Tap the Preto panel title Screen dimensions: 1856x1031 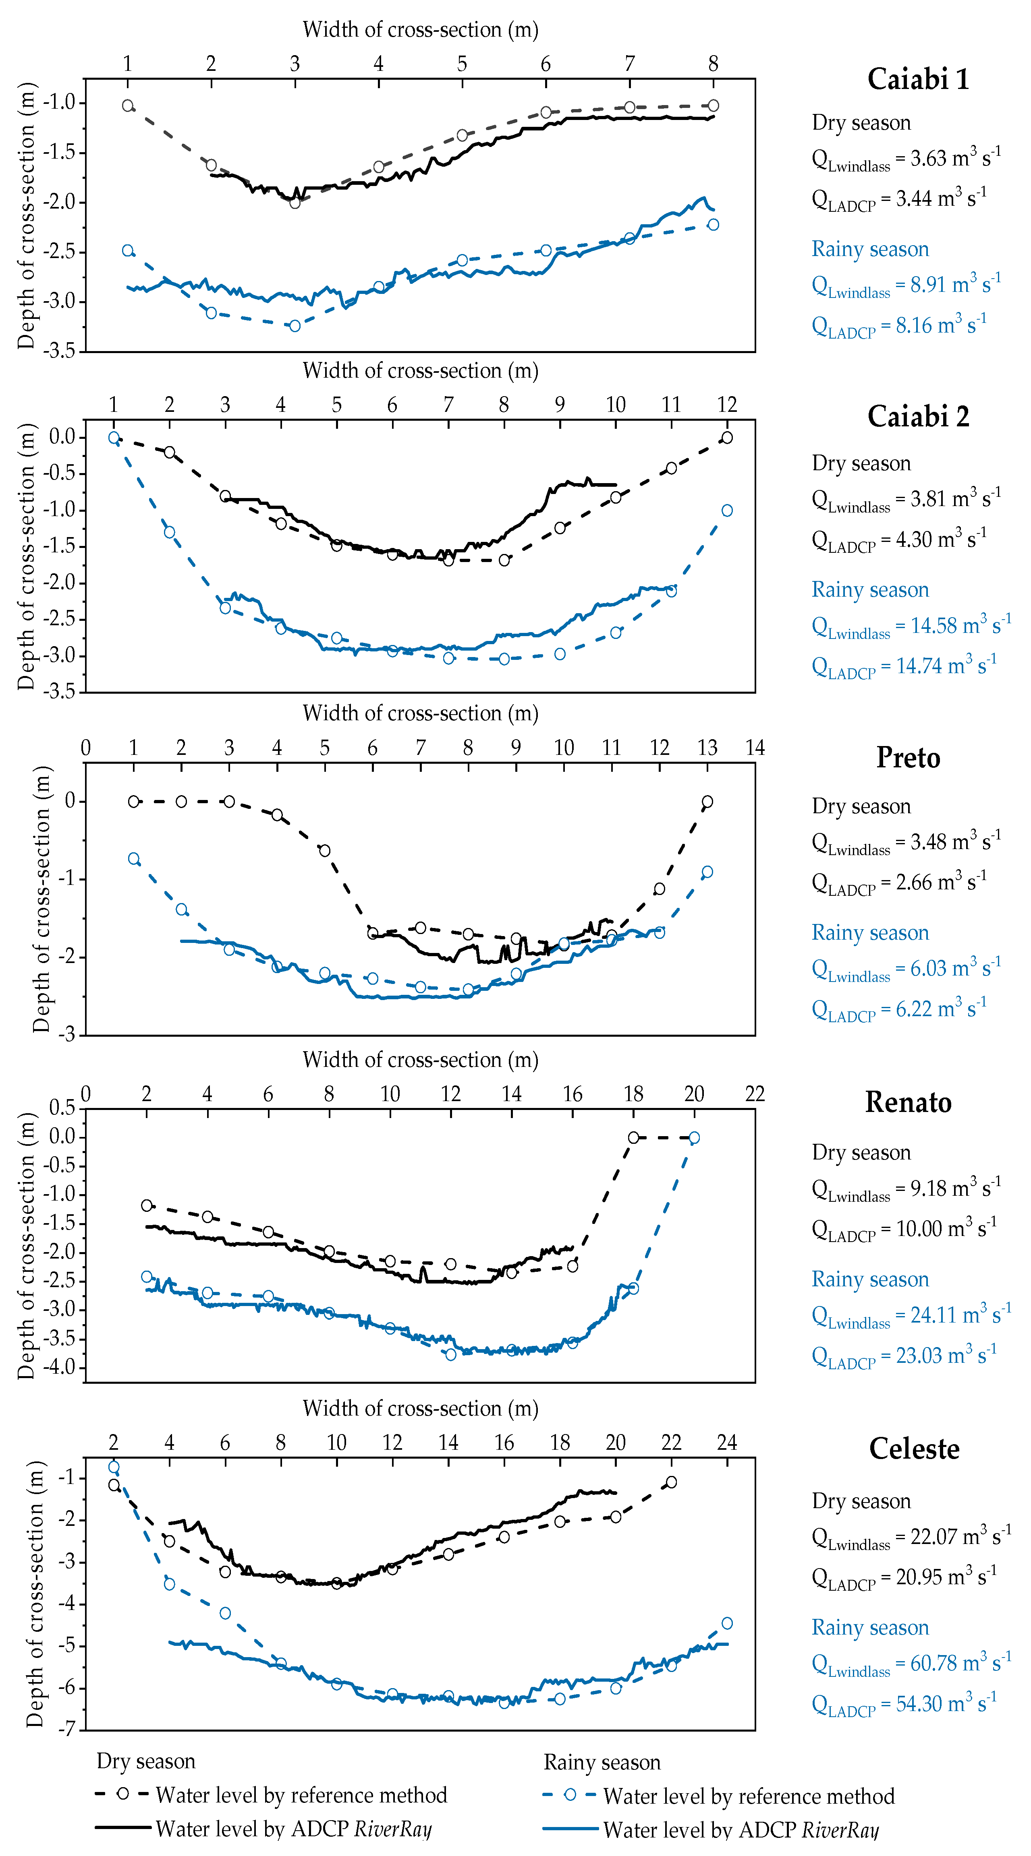(x=908, y=758)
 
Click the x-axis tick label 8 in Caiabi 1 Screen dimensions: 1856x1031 (x=713, y=64)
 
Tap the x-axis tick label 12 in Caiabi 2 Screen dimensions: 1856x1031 (x=727, y=405)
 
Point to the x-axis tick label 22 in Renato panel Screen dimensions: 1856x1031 (x=754, y=1094)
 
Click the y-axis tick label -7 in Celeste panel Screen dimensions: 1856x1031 (x=66, y=1729)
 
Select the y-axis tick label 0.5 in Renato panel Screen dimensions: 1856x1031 (x=62, y=1108)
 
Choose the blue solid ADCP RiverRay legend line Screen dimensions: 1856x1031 (x=570, y=1829)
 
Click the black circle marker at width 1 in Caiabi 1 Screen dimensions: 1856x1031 (x=128, y=106)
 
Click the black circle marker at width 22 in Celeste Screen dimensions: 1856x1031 (x=671, y=1482)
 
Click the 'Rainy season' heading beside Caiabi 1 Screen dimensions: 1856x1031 (x=870, y=249)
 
